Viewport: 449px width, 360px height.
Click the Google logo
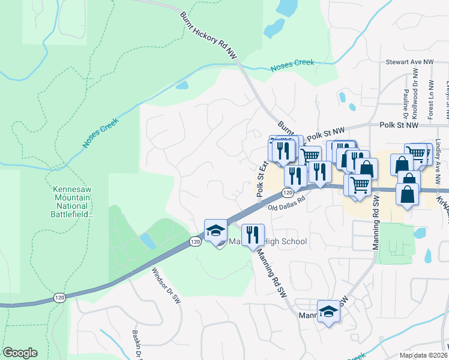(20, 353)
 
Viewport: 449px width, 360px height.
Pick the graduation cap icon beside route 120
(215, 232)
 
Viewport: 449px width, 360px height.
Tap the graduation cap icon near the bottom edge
(328, 311)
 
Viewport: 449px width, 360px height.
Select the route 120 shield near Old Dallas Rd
(288, 193)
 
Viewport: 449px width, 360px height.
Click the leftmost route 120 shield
(59, 298)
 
